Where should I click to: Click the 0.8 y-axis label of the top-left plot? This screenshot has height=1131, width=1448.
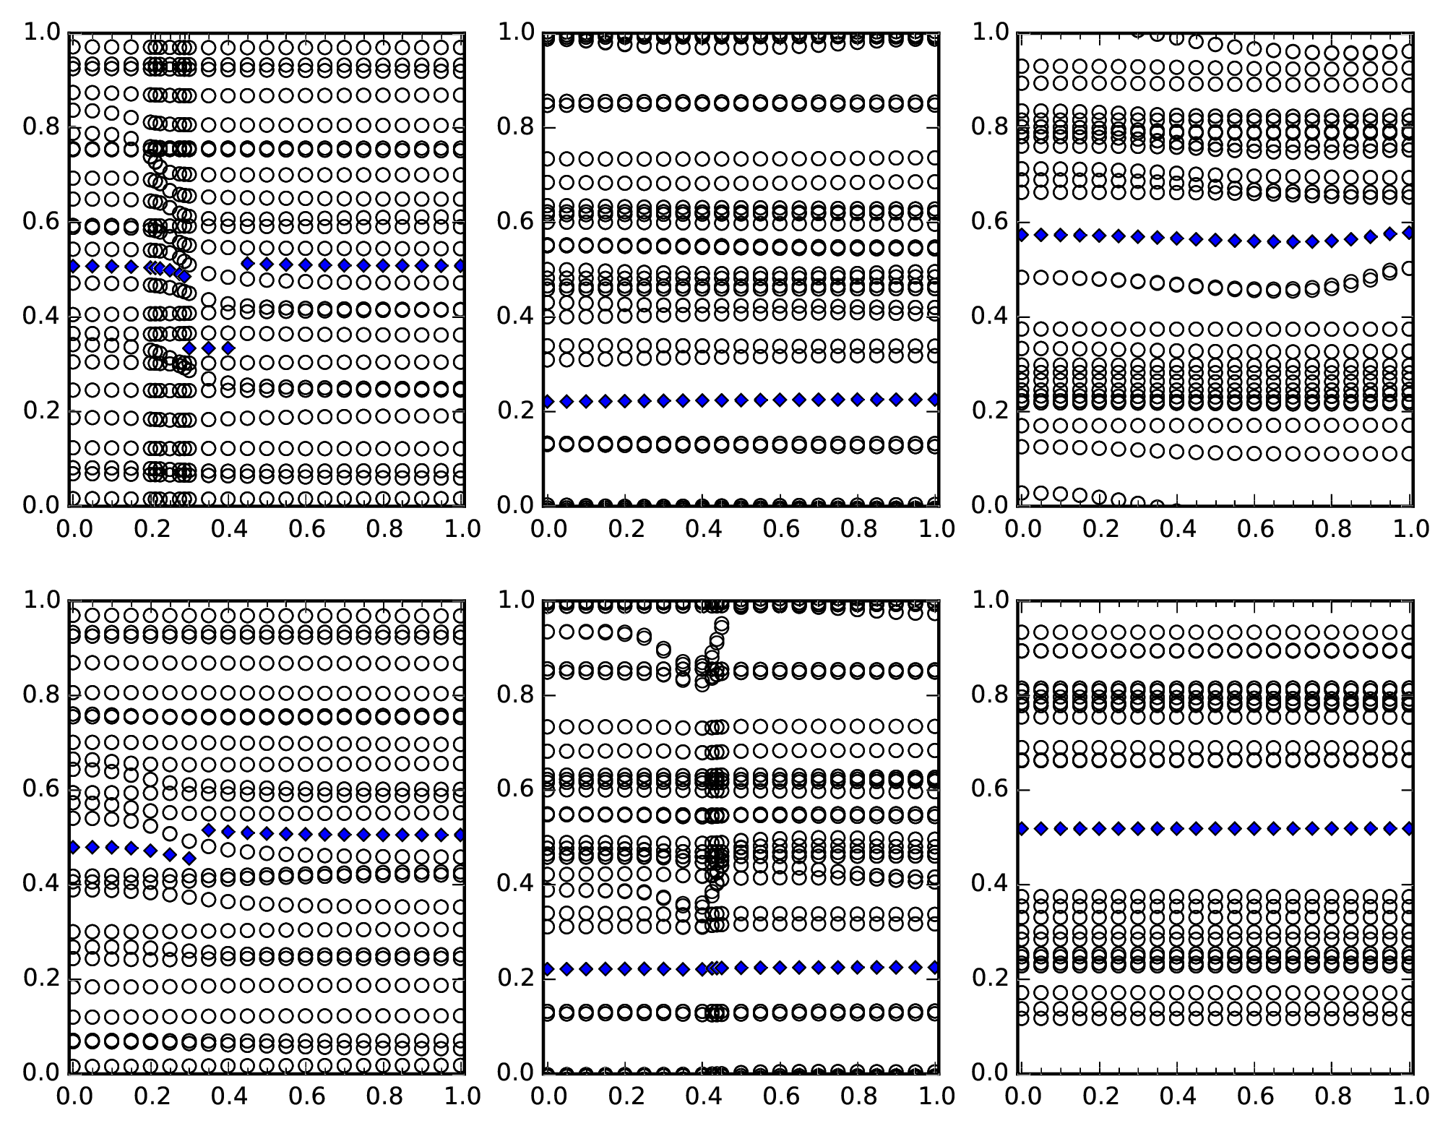(40, 127)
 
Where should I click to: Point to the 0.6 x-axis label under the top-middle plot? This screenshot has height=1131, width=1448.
(780, 529)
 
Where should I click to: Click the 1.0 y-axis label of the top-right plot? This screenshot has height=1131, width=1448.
(990, 33)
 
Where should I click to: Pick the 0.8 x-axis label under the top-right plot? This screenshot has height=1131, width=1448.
(1332, 529)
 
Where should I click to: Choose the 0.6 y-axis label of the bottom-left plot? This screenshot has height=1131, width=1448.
(40, 788)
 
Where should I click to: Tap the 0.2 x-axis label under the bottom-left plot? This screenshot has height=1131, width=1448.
(149, 1096)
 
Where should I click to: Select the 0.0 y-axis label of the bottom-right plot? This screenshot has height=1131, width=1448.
(990, 1072)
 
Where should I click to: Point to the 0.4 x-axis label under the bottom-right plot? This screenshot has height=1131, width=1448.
(1176, 1096)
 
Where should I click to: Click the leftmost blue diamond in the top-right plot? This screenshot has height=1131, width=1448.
(1022, 235)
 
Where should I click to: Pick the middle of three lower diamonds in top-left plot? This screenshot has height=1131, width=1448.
(209, 348)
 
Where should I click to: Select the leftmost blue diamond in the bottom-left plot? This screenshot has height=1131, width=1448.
(73, 847)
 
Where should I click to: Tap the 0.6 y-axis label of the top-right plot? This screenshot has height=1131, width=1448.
(990, 222)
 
